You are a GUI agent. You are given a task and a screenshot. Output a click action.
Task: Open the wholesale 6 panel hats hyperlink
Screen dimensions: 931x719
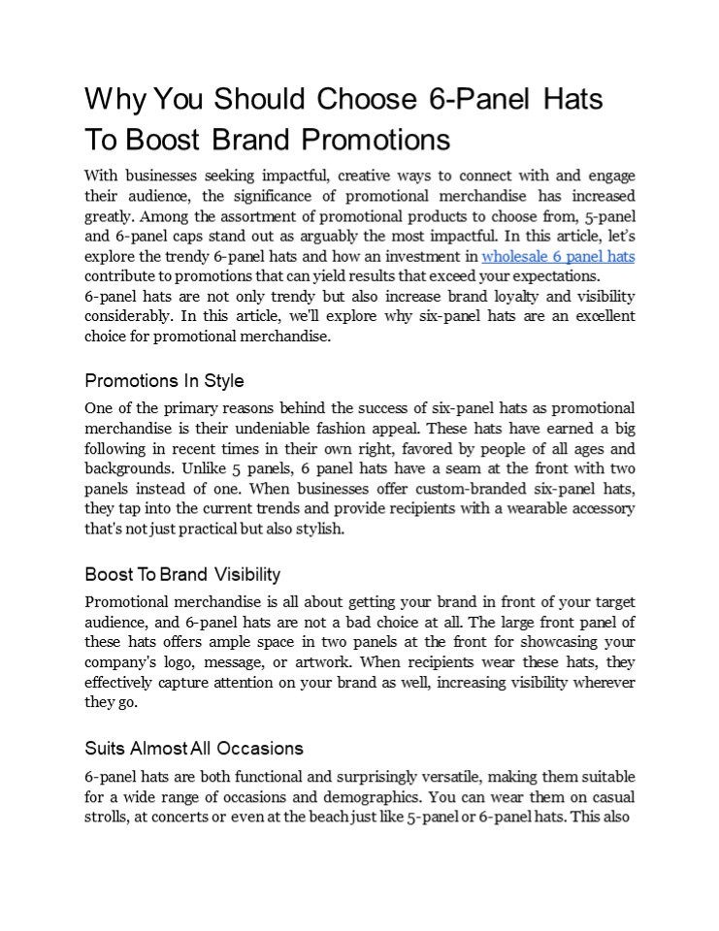(x=558, y=257)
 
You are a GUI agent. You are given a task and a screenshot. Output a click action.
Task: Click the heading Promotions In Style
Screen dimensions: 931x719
(x=164, y=380)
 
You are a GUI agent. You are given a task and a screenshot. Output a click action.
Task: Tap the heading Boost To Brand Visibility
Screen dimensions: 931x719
(x=182, y=574)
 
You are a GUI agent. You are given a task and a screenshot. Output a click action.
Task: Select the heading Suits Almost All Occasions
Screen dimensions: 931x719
(x=194, y=748)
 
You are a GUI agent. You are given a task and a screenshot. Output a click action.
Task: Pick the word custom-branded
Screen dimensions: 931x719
(x=441, y=490)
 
